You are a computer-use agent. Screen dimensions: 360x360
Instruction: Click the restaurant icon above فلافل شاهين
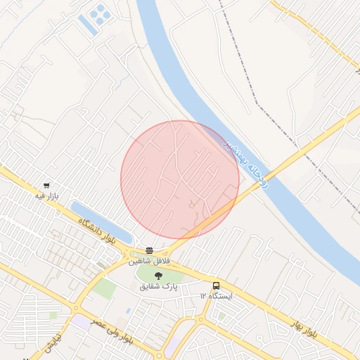click(x=149, y=250)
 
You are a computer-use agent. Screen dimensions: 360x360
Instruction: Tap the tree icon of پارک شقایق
click(x=158, y=276)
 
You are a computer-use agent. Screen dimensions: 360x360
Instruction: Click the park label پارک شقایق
click(x=159, y=287)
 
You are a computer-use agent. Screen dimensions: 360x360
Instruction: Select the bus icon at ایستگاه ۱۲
click(x=216, y=285)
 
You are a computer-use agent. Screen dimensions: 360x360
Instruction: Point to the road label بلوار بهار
click(x=306, y=328)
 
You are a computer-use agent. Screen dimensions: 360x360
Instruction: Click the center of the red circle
click(x=180, y=179)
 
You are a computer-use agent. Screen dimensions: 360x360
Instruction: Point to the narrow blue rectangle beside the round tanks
click(x=86, y=25)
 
